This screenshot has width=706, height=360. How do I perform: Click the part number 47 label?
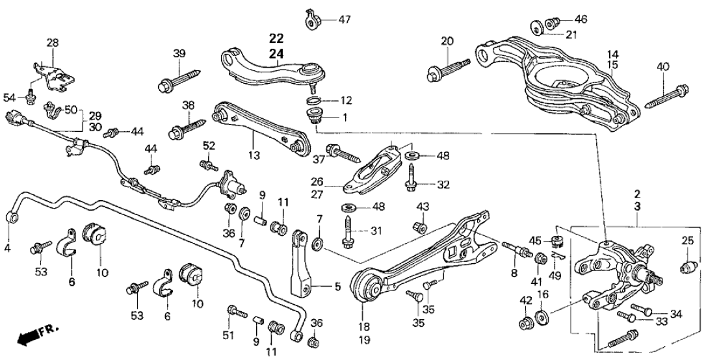344,19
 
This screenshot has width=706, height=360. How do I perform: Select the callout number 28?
52,43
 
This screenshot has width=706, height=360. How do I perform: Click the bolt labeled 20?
448,68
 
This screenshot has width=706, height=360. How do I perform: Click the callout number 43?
423,207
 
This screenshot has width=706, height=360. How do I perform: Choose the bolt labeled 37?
345,153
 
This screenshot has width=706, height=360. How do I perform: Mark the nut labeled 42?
524,323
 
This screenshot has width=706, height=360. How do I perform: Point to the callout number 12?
345,101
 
